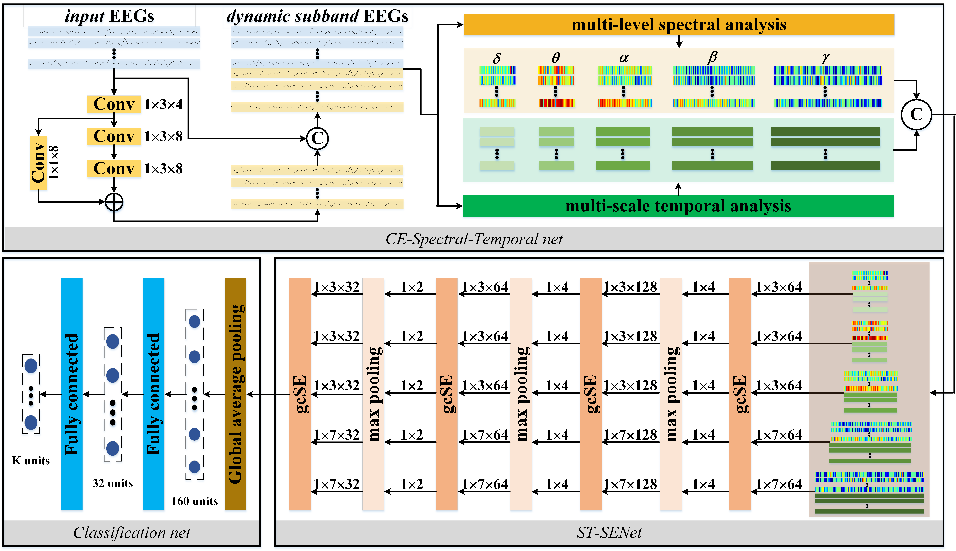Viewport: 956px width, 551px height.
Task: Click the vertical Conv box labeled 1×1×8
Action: click(x=38, y=163)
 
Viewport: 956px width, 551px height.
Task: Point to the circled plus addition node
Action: click(x=114, y=202)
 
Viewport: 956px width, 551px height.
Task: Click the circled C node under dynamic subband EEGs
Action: click(x=317, y=139)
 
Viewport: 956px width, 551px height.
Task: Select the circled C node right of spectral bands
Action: click(x=916, y=114)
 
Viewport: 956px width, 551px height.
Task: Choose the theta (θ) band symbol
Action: click(x=555, y=58)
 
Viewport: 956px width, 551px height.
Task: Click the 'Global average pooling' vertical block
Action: click(x=235, y=394)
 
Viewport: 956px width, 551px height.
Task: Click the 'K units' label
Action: click(x=31, y=461)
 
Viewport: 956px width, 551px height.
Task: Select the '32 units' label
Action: click(x=112, y=483)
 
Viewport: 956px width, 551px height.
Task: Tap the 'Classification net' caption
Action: click(x=132, y=532)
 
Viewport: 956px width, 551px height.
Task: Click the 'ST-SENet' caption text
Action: click(x=609, y=532)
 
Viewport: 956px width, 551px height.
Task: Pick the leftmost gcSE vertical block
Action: click(x=300, y=394)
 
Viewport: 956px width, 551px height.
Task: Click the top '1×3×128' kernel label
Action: click(x=630, y=287)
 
